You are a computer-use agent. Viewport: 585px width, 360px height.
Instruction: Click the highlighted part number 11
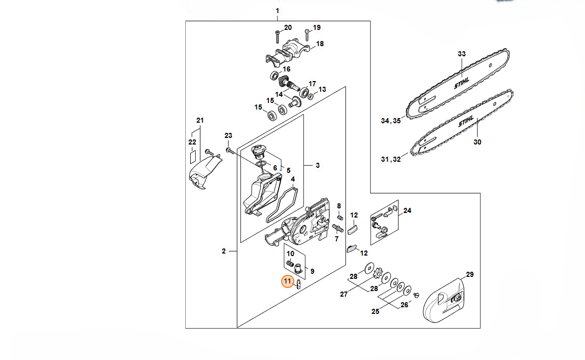coord(287,281)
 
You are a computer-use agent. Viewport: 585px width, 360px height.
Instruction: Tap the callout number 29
coord(470,274)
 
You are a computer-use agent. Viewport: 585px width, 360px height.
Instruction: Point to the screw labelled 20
coord(278,37)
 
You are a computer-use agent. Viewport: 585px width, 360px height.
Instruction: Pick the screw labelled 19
coord(306,35)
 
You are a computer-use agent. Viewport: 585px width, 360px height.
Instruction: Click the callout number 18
coord(320,44)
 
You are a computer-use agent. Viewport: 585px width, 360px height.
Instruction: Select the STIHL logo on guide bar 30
coord(466,121)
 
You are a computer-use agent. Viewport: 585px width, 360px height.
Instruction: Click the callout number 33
coord(462,54)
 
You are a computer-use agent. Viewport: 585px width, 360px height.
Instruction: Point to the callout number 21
coord(200,120)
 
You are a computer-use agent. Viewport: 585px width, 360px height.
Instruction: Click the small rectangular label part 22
coord(193,157)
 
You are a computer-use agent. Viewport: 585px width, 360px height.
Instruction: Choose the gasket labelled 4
coord(282,205)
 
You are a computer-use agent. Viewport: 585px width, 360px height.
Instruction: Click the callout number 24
coord(407,210)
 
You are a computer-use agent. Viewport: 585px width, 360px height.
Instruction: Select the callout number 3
coord(318,165)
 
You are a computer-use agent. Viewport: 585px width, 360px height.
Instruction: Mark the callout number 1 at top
coord(277,11)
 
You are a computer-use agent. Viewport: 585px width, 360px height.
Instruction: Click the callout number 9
coord(312,271)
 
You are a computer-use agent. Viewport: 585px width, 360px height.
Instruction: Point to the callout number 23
coord(228,136)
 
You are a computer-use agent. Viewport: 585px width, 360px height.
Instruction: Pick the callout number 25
coord(375,311)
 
